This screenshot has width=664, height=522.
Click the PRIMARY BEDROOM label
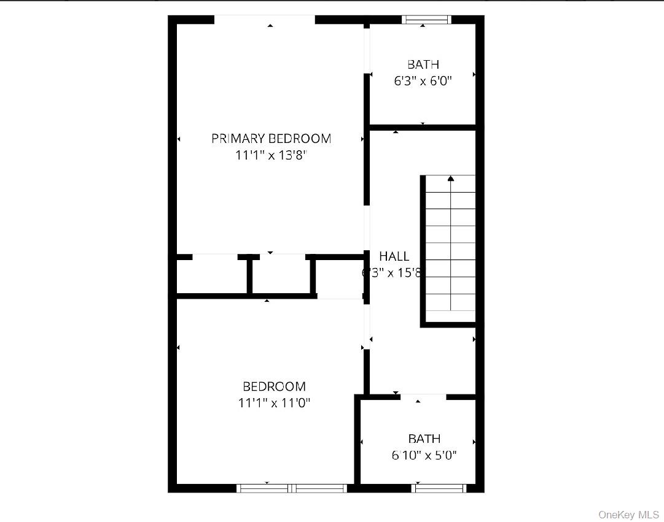[271, 139]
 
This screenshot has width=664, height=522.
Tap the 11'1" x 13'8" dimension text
[271, 155]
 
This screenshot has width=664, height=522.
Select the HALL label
[394, 256]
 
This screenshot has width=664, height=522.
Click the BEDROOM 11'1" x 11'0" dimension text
[274, 403]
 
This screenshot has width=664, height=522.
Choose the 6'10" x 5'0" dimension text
[424, 455]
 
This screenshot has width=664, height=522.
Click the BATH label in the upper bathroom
[423, 64]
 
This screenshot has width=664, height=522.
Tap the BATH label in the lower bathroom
[424, 439]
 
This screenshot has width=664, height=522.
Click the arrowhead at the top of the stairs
[451, 178]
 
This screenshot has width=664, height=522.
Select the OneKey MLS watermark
[628, 515]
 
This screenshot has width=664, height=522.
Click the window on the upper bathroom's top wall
[426, 20]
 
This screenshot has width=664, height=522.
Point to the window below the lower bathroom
[439, 488]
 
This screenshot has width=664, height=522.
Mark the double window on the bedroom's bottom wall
[292, 488]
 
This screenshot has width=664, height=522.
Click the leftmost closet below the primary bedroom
[212, 276]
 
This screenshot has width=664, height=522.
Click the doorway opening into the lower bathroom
[423, 397]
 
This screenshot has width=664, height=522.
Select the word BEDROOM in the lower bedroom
[274, 386]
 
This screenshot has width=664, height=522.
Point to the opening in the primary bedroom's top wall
[265, 20]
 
